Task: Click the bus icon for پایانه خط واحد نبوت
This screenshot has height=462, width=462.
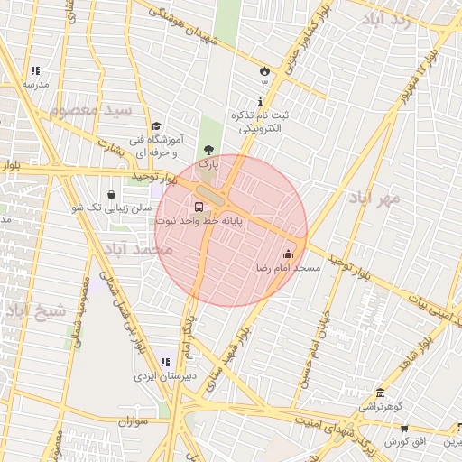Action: pos(199,206)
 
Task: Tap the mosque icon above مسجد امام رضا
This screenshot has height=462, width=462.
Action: pos(289,254)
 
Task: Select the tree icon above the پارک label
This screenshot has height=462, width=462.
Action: pos(209,150)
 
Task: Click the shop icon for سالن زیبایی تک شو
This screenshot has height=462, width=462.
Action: pos(111,193)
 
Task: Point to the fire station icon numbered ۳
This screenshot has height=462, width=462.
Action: pos(264,69)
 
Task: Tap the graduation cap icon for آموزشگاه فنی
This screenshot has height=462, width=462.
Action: pos(156,126)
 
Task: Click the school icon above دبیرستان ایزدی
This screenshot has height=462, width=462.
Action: pos(164,362)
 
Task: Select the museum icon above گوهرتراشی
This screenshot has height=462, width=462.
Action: pos(381,393)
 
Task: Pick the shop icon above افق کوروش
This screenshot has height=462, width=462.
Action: pos(403,429)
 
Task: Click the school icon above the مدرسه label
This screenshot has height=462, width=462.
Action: pos(35,69)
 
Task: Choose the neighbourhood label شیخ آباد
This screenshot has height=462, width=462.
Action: pos(36,312)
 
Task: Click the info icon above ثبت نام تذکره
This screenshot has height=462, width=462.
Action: pos(261,101)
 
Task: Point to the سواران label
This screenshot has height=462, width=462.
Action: pos(131,421)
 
